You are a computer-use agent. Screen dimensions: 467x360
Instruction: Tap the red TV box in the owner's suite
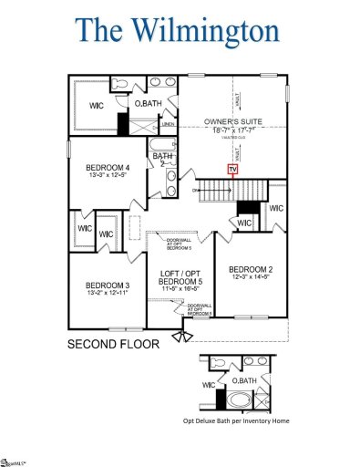click(232, 169)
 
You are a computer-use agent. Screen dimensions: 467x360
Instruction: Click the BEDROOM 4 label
click(108, 168)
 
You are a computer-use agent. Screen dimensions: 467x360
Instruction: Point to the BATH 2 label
click(162, 160)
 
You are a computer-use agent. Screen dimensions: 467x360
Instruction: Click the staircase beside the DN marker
click(219, 190)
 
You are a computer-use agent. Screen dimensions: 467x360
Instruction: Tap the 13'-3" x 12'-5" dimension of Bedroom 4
click(108, 176)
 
